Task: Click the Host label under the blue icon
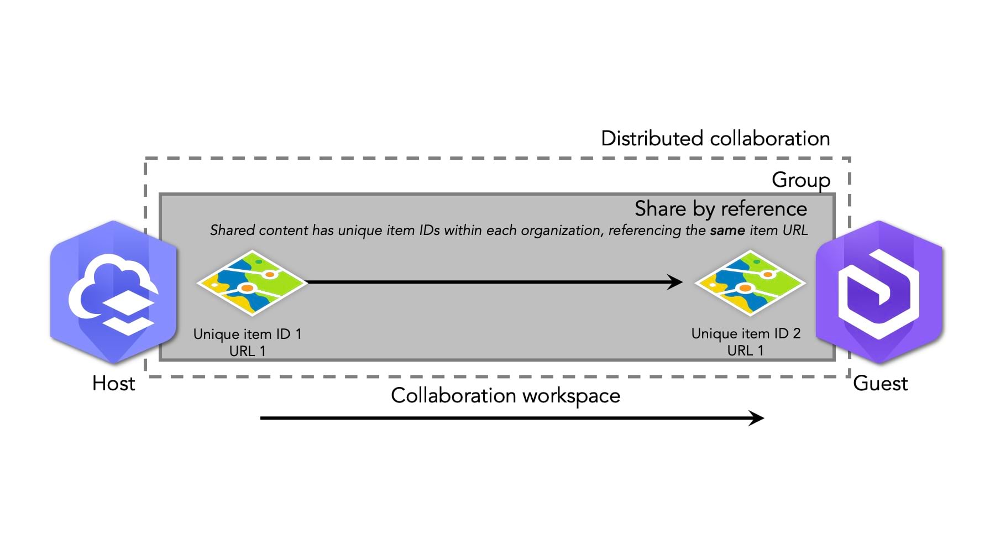(113, 383)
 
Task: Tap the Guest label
(880, 383)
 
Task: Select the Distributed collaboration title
(715, 138)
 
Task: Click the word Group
(800, 180)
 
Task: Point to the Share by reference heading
(720, 208)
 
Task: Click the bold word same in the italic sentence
(727, 230)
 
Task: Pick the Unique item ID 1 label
(247, 334)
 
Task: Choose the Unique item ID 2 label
(746, 333)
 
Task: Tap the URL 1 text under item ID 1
(247, 351)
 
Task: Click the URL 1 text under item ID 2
(745, 350)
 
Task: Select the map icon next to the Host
(252, 282)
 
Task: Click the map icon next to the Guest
(750, 282)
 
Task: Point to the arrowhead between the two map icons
(675, 282)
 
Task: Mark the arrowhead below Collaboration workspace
(756, 418)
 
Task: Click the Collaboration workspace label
(505, 395)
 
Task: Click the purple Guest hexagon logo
(879, 292)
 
